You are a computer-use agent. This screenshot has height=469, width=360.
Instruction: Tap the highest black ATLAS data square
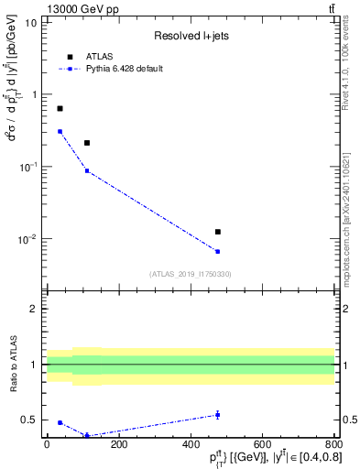pyautogui.click(x=60, y=109)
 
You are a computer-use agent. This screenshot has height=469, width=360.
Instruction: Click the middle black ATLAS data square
pyautogui.click(x=87, y=143)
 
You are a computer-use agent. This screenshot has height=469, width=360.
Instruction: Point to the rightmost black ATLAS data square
pyautogui.click(x=218, y=232)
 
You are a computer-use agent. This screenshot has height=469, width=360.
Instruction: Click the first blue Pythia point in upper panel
pyautogui.click(x=60, y=131)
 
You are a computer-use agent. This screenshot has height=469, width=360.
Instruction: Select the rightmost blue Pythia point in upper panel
pyautogui.click(x=218, y=251)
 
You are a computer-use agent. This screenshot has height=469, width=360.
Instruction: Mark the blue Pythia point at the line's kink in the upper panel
pyautogui.click(x=87, y=170)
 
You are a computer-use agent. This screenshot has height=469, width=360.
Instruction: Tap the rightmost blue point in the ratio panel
pyautogui.click(x=218, y=415)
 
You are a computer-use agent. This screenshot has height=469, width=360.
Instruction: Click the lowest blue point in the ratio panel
pyautogui.click(x=87, y=435)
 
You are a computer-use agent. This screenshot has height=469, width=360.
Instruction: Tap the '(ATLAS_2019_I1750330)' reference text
pyautogui.click(x=189, y=274)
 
